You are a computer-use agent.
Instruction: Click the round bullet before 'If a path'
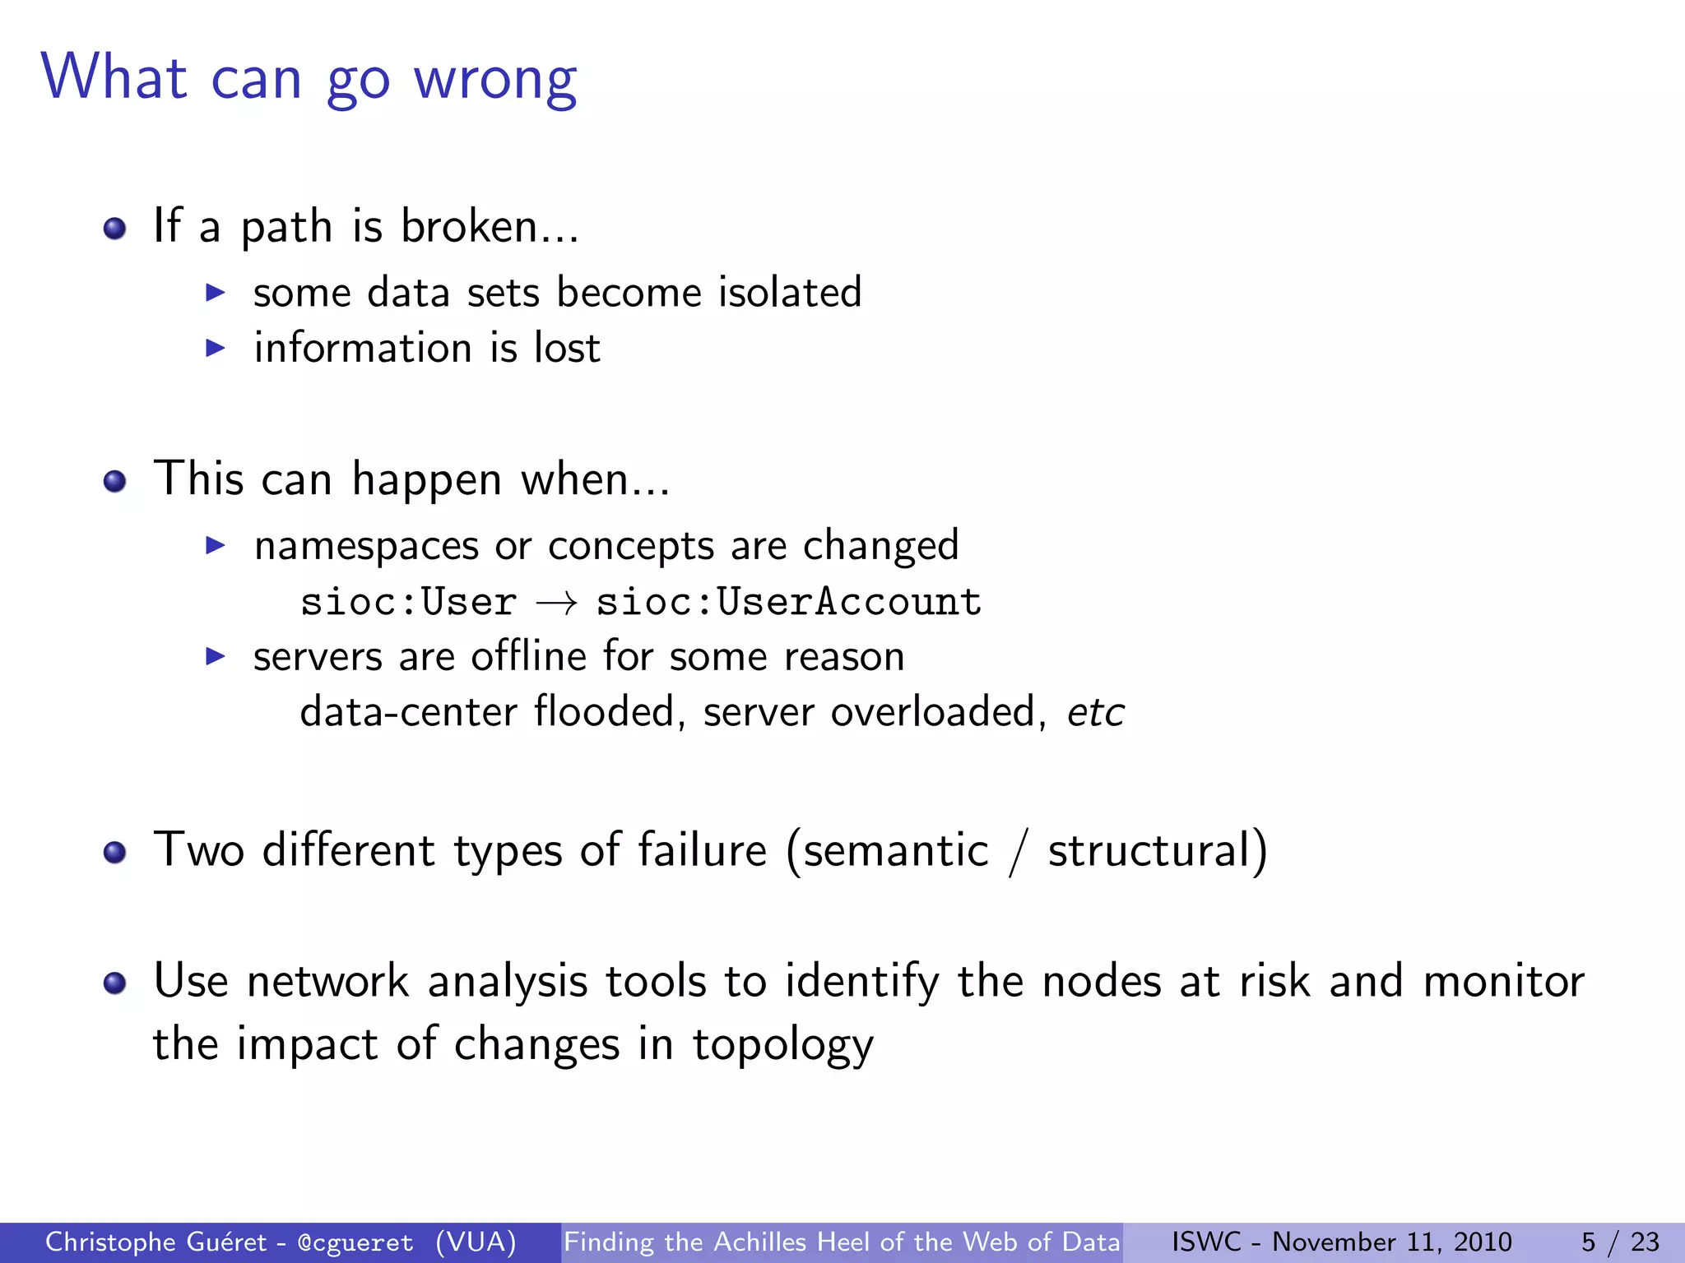tap(114, 228)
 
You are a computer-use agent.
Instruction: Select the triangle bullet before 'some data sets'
tap(215, 293)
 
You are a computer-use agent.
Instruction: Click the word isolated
tap(789, 293)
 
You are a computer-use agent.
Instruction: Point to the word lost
tap(567, 348)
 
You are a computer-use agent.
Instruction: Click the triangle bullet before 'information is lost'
tap(215, 348)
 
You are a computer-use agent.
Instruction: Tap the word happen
tap(426, 480)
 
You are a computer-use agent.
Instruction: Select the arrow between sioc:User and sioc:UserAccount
tap(556, 604)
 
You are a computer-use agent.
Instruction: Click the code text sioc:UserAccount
tap(788, 602)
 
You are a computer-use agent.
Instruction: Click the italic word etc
tap(1095, 713)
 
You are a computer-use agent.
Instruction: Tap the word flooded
tap(604, 711)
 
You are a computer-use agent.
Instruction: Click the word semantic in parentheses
tap(895, 851)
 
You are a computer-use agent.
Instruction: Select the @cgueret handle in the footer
tap(355, 1242)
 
